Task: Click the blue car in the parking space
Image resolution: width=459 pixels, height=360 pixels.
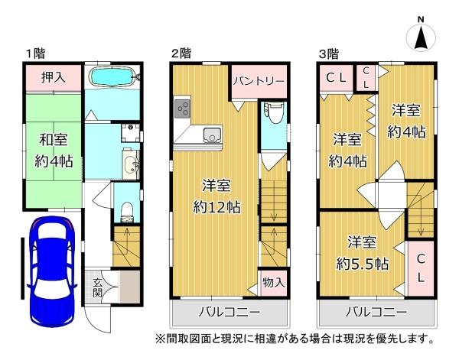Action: click(x=51, y=271)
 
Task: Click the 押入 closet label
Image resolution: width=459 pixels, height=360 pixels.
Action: click(x=53, y=77)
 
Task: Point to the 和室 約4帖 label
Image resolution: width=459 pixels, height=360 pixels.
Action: click(x=54, y=151)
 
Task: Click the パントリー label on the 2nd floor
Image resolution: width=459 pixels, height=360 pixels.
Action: click(x=259, y=81)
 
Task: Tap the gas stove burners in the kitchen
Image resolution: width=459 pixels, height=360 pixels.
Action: click(x=183, y=109)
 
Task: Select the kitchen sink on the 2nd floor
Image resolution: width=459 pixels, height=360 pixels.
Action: click(x=213, y=135)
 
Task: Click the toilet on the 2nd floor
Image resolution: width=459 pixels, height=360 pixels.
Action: click(x=272, y=113)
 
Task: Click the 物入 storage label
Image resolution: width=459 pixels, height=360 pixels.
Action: click(x=273, y=283)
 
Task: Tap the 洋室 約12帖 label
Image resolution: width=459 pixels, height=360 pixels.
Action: click(x=216, y=196)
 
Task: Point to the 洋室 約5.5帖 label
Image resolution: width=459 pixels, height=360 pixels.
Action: click(x=362, y=253)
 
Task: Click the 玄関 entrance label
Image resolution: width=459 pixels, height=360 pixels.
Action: click(x=97, y=287)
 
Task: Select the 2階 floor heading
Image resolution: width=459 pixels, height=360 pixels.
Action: click(x=181, y=54)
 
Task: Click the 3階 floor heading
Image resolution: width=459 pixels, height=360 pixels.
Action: click(x=328, y=54)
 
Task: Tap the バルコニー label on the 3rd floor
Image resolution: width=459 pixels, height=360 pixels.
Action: click(x=376, y=313)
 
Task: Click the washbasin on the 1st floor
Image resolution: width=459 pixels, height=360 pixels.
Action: click(x=130, y=164)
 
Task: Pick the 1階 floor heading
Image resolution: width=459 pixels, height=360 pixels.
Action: click(x=36, y=54)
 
